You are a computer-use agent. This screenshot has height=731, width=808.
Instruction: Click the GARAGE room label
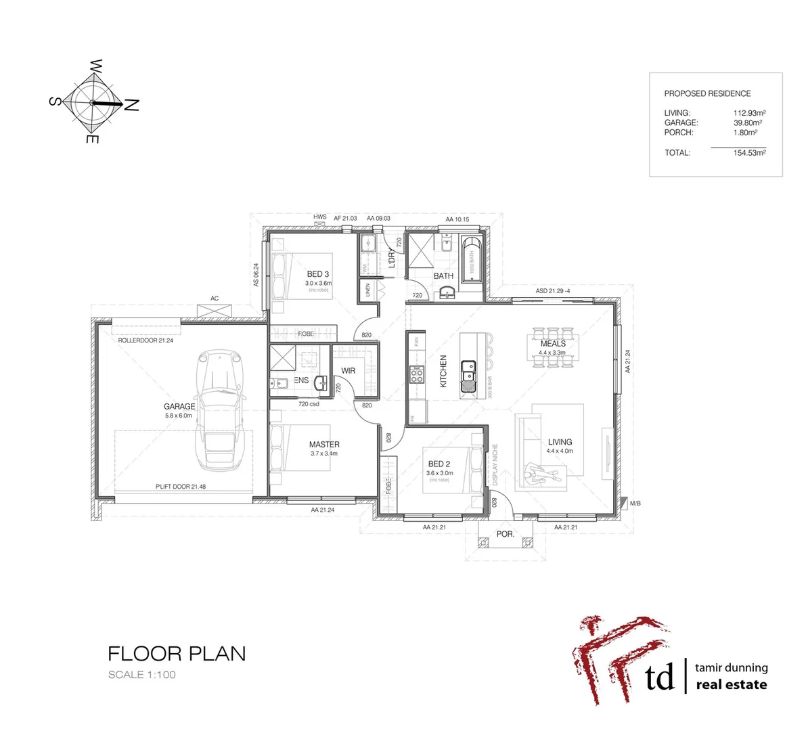pyautogui.click(x=179, y=406)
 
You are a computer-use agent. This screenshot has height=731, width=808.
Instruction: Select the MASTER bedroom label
pyautogui.click(x=324, y=445)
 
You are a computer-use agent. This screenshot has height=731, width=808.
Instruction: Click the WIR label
pyautogui.click(x=349, y=371)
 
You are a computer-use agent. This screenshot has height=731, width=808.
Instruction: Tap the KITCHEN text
pyautogui.click(x=444, y=371)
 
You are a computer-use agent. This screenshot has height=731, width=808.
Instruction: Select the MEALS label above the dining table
pyautogui.click(x=553, y=344)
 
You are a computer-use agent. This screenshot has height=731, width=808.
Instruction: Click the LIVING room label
pyautogui.click(x=560, y=442)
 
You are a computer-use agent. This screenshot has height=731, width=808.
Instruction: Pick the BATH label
pyautogui.click(x=443, y=276)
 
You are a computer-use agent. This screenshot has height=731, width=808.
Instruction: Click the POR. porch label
pyautogui.click(x=506, y=533)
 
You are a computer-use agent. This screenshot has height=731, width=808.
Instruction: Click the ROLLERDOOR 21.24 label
pyautogui.click(x=145, y=340)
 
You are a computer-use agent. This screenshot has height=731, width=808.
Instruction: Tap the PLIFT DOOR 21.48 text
pyautogui.click(x=180, y=487)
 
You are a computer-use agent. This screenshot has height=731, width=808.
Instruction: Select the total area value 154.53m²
pyautogui.click(x=749, y=153)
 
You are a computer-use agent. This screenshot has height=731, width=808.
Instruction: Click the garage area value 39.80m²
pyautogui.click(x=748, y=123)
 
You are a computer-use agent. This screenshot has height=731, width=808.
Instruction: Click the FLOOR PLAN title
pyautogui.click(x=177, y=654)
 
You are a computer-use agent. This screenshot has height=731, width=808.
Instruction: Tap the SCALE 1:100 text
pyautogui.click(x=142, y=675)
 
